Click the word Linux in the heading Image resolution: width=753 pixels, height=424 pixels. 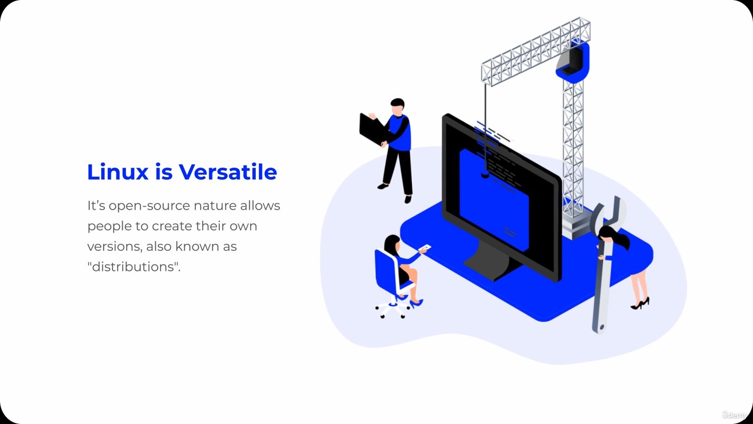click(118, 172)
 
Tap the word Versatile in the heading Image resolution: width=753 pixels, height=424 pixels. click(228, 172)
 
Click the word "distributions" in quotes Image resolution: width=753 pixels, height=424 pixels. click(134, 267)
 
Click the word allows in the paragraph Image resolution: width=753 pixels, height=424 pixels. click(260, 206)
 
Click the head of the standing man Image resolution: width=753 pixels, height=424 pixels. click(398, 107)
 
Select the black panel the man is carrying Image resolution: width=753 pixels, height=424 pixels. click(372, 130)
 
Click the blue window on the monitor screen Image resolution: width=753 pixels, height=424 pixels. click(494, 201)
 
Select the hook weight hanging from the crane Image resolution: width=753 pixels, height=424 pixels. click(485, 174)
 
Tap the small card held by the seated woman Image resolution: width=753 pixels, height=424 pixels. click(425, 248)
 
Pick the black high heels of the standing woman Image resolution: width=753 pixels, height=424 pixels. click(640, 303)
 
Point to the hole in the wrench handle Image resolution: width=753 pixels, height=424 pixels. click(602, 326)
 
